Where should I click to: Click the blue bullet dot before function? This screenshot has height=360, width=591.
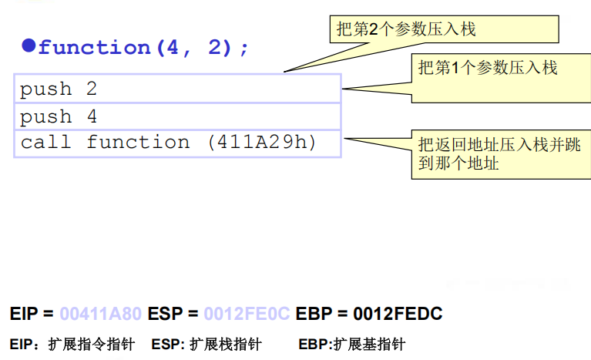click(x=29, y=45)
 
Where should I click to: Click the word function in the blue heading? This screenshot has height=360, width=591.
click(x=92, y=48)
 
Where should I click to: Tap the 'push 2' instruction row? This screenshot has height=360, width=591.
click(x=177, y=89)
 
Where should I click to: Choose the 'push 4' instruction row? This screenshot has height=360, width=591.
click(x=177, y=116)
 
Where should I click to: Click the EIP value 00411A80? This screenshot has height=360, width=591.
click(x=101, y=315)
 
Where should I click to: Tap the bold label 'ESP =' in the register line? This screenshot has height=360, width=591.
click(x=173, y=315)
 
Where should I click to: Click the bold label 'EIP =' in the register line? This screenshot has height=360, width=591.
click(x=32, y=315)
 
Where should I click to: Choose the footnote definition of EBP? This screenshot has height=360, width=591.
click(x=351, y=344)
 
